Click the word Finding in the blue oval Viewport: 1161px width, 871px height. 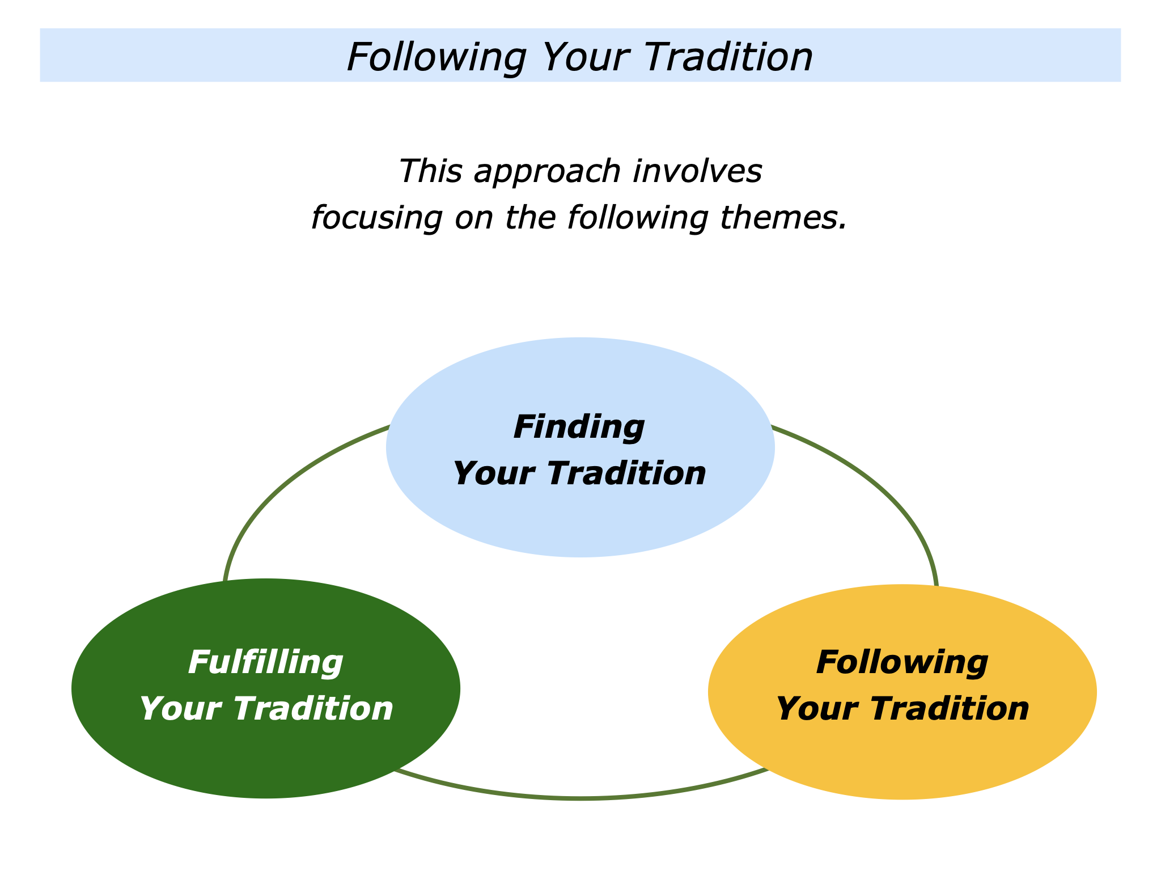pyautogui.click(x=579, y=428)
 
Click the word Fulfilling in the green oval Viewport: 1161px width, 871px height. pyautogui.click(x=265, y=663)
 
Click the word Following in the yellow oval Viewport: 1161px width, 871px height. pyautogui.click(x=902, y=663)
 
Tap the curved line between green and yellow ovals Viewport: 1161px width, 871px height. pyautogui.click(x=580, y=798)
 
